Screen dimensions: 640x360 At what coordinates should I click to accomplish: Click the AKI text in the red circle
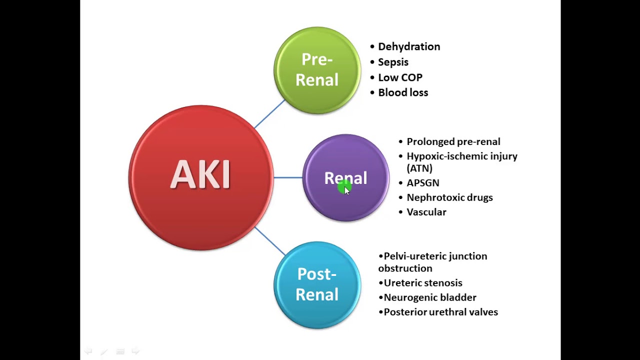click(x=200, y=174)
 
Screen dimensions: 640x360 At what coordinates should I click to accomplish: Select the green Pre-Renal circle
click(x=317, y=70)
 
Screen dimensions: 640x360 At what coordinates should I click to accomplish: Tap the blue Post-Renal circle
click(x=317, y=285)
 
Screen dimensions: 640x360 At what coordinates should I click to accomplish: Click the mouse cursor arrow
click(x=347, y=191)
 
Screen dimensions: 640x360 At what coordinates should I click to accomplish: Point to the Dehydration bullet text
click(x=409, y=46)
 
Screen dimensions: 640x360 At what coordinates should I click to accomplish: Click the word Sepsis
click(x=393, y=62)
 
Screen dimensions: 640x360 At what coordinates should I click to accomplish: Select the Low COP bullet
click(x=400, y=77)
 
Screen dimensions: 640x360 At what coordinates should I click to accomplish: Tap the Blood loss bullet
click(x=403, y=92)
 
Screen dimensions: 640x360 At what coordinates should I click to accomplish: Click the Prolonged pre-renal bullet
click(x=453, y=141)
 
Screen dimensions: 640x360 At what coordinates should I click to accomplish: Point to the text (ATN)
click(x=419, y=168)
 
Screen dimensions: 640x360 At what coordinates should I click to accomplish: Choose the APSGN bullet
click(x=423, y=183)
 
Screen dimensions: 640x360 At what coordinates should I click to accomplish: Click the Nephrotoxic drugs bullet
click(x=449, y=197)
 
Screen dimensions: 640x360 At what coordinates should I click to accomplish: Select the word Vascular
click(x=426, y=212)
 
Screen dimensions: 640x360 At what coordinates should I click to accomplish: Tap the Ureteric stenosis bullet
click(x=423, y=283)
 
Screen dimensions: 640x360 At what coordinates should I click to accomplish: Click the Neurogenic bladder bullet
click(x=430, y=297)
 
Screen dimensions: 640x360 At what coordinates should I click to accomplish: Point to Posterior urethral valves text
click(x=441, y=312)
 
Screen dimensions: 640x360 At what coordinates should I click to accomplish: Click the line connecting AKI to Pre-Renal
click(x=269, y=113)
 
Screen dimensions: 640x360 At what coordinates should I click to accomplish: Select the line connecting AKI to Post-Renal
click(x=269, y=241)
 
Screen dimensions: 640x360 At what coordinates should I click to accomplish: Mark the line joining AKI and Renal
click(x=288, y=177)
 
